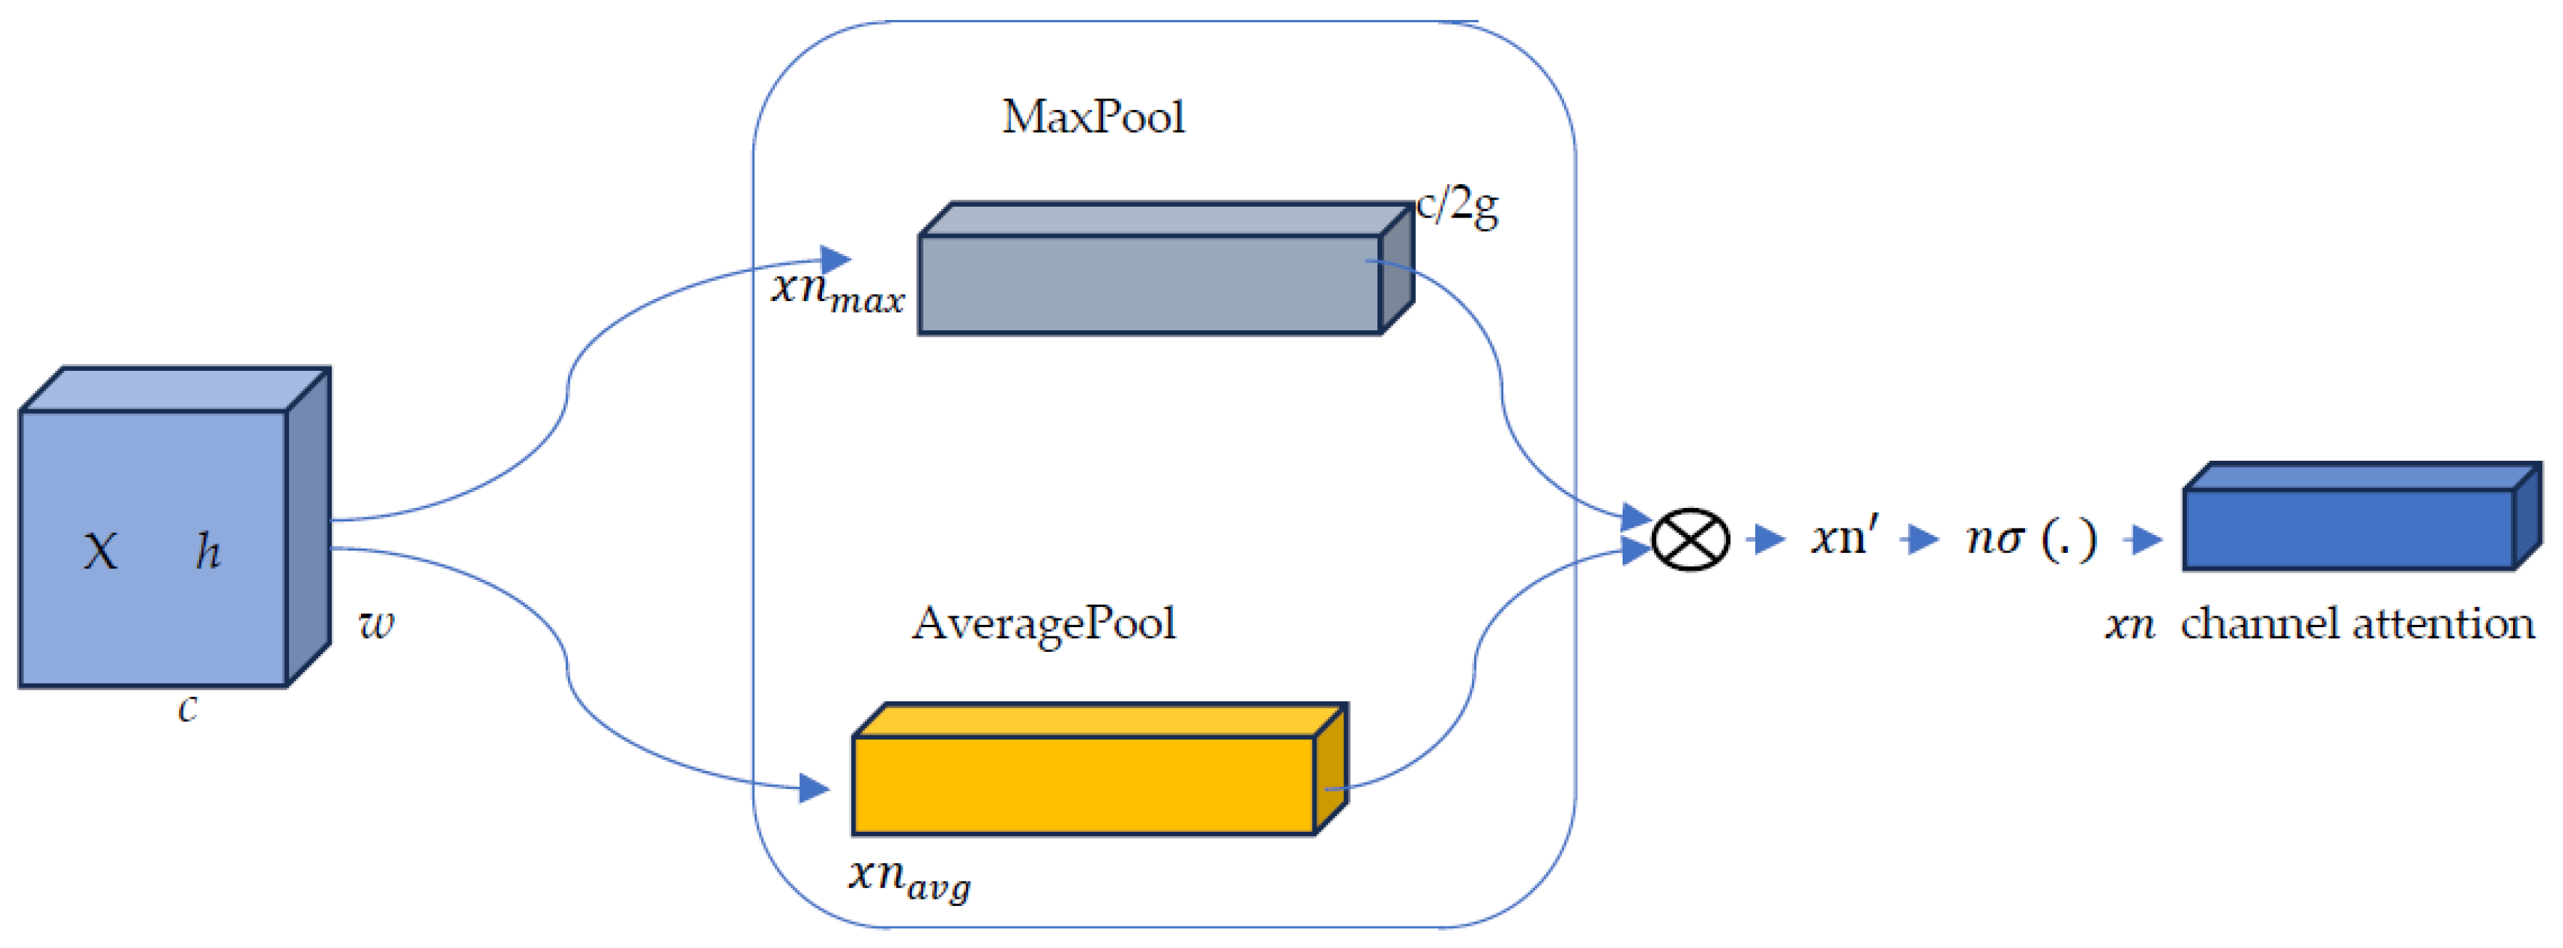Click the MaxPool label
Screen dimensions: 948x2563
1092,118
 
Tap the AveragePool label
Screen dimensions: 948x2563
1044,623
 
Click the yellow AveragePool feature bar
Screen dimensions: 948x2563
1084,784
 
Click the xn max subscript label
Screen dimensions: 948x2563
838,290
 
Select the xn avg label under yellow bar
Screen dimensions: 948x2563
908,877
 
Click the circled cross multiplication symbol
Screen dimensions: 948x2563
1690,540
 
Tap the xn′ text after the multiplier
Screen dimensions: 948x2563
1844,537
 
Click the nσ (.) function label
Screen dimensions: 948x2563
2031,538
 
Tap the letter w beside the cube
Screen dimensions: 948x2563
376,623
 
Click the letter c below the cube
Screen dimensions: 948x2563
187,708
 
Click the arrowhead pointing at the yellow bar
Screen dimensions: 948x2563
814,789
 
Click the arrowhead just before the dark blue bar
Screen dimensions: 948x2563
2147,540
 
